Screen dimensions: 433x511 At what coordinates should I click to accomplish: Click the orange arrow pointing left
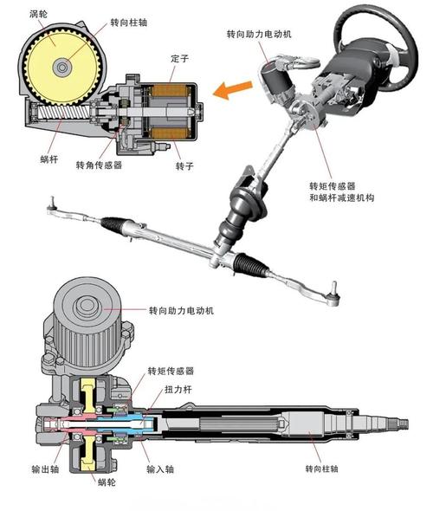click(x=232, y=88)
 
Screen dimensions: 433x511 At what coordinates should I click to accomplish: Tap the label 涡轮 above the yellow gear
click(x=38, y=14)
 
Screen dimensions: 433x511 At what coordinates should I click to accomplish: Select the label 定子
click(x=179, y=59)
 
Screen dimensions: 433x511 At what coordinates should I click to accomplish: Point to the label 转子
click(x=184, y=166)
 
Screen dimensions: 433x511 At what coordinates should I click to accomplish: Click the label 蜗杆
click(x=49, y=159)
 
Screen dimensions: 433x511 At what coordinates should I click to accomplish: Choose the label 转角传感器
click(x=99, y=165)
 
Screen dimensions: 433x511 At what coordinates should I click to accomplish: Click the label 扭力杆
click(x=178, y=389)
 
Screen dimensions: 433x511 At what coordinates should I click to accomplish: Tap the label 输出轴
click(x=45, y=469)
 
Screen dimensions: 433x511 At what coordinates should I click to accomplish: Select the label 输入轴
click(x=160, y=469)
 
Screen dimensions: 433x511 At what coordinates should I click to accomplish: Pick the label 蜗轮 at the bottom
click(x=107, y=482)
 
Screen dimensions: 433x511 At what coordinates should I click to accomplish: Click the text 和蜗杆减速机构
click(x=342, y=197)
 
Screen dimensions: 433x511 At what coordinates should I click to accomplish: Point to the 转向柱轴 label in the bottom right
click(x=322, y=469)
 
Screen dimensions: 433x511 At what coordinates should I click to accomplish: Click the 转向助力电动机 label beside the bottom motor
click(x=182, y=310)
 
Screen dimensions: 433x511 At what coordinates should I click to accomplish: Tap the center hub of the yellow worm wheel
click(x=61, y=68)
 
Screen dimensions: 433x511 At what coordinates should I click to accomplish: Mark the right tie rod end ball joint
click(x=334, y=295)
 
